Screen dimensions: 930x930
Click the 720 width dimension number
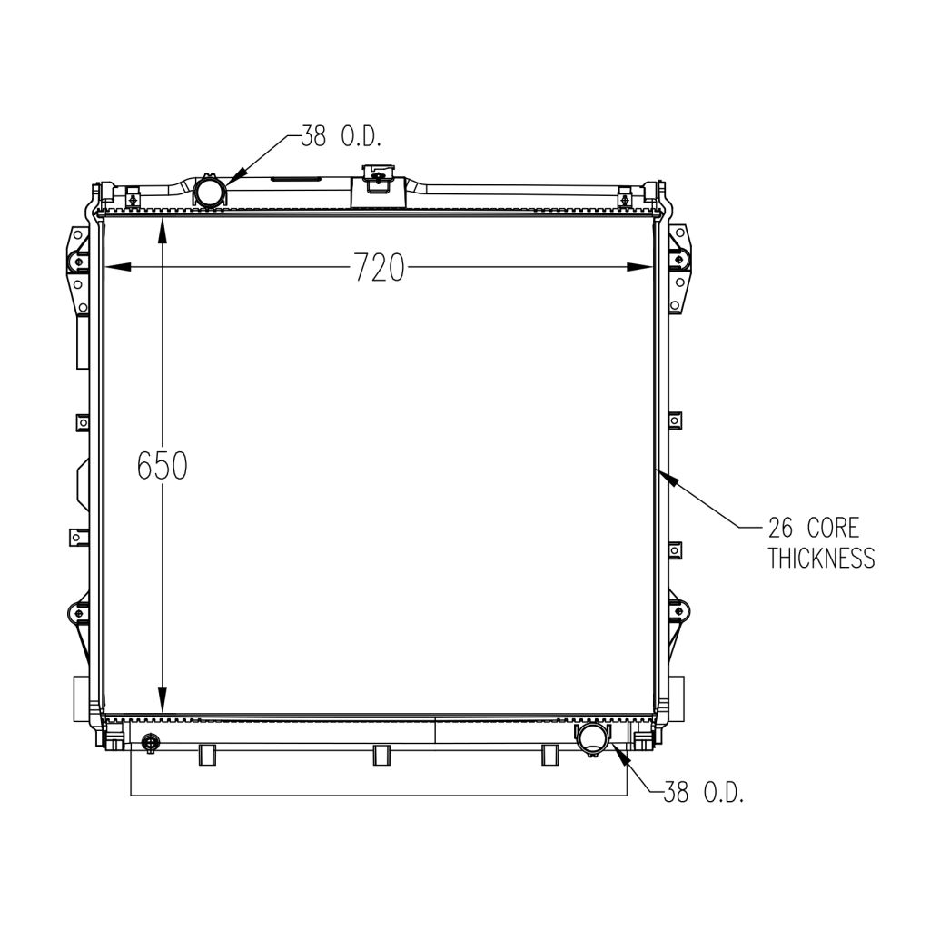coord(380,267)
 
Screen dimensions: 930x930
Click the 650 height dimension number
coord(162,465)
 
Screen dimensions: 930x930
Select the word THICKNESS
coord(821,558)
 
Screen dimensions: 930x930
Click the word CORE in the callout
coord(833,528)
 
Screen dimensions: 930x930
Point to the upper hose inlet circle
coord(210,192)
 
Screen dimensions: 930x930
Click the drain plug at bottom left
coord(151,742)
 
